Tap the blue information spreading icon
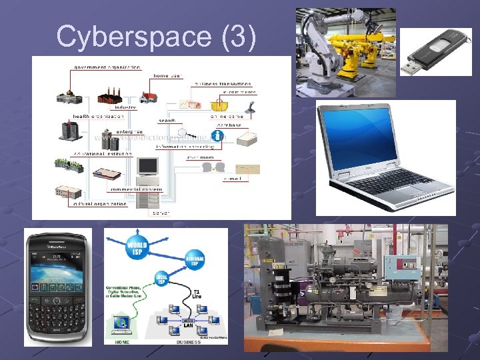tap(217, 136)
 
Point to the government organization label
tap(107, 67)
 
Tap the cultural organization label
tap(100, 203)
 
